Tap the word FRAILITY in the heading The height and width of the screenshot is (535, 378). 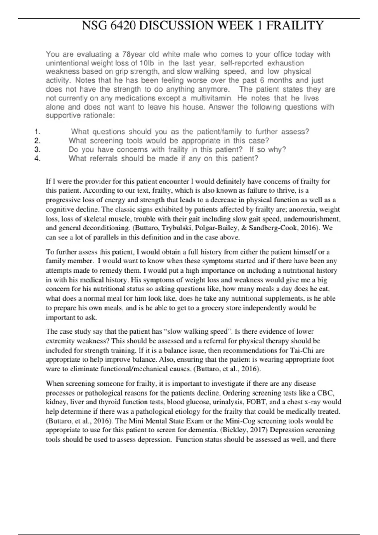point(295,25)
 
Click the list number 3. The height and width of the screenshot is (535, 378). point(37,149)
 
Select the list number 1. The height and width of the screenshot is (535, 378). point(37,132)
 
